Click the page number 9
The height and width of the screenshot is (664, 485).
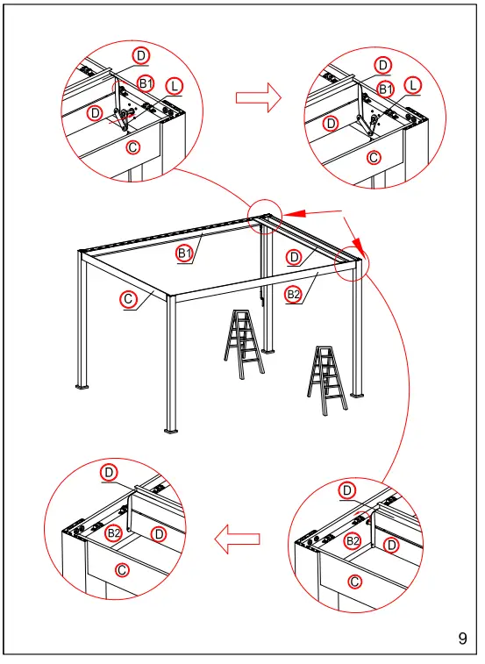pyautogui.click(x=462, y=639)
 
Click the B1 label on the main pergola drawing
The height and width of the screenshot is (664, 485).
pyautogui.click(x=185, y=253)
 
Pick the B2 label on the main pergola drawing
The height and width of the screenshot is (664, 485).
pyautogui.click(x=293, y=296)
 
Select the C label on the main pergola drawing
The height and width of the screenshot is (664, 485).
pyautogui.click(x=129, y=300)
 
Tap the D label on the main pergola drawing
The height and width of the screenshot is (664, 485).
pyautogui.click(x=295, y=257)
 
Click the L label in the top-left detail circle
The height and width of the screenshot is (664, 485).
pyautogui.click(x=175, y=86)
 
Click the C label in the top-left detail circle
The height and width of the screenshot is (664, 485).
pyautogui.click(x=132, y=147)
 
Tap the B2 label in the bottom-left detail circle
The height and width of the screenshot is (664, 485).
pyautogui.click(x=113, y=533)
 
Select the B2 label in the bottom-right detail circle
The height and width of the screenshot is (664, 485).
pyautogui.click(x=353, y=542)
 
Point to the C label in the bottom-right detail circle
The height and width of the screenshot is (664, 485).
pyautogui.click(x=355, y=582)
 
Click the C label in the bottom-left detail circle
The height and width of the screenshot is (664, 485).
pyautogui.click(x=122, y=570)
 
